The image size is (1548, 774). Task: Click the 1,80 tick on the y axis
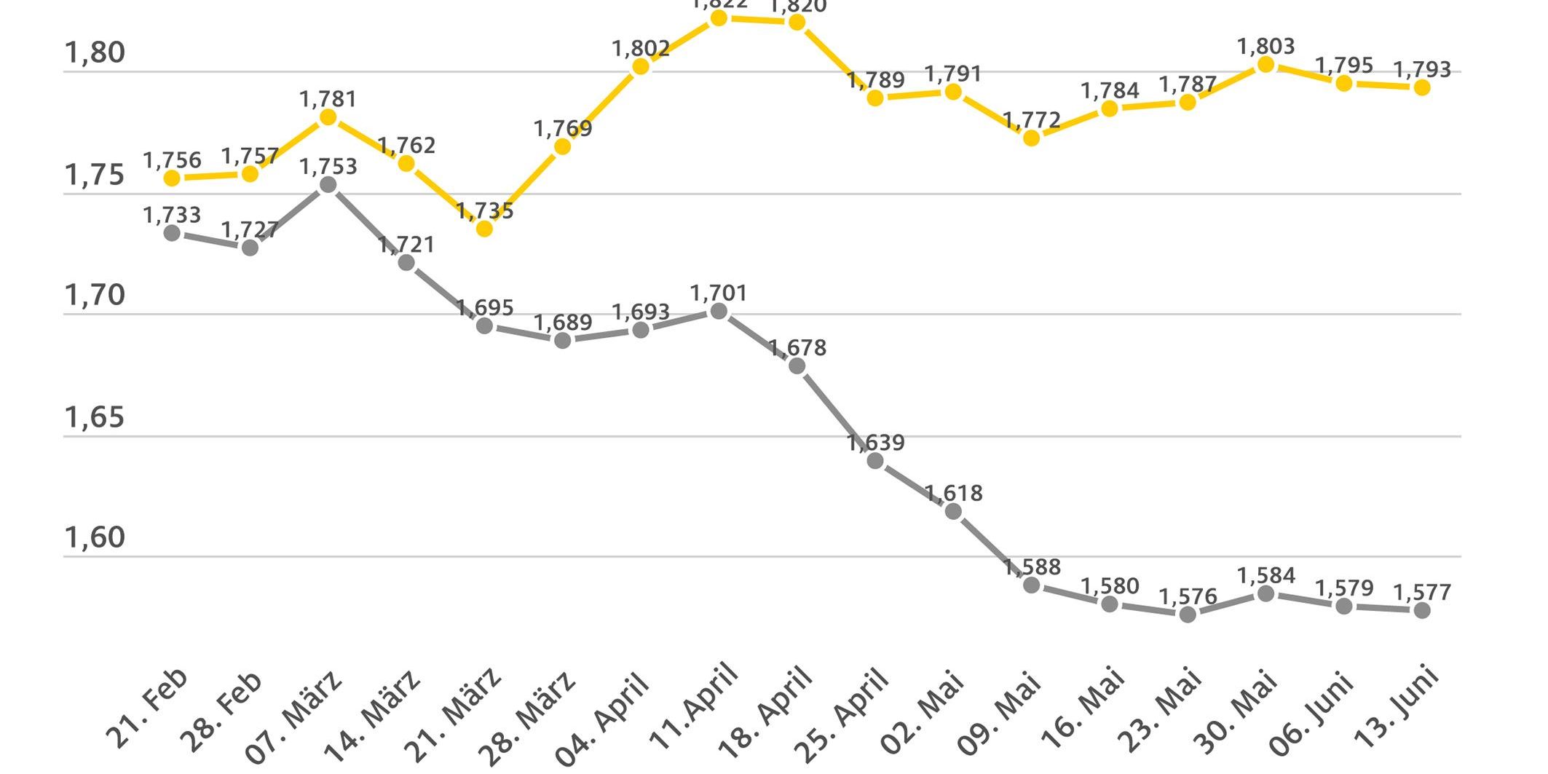95,53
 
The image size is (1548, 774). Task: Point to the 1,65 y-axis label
95,418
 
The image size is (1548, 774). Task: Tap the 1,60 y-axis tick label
95,538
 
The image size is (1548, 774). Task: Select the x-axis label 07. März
294,716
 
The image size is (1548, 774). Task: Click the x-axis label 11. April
694,708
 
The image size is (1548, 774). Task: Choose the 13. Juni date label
1397,708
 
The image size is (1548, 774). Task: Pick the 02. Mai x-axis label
923,712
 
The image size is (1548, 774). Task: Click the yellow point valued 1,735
484,229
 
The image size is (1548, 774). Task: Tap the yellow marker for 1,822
719,17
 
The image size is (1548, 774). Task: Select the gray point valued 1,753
328,185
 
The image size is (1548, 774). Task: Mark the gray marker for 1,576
1188,615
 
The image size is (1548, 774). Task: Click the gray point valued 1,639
875,461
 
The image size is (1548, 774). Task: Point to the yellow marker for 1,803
1266,65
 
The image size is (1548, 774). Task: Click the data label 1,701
719,293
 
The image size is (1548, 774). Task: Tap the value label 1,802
641,49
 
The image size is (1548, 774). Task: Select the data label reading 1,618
953,494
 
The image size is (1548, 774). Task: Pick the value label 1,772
1031,119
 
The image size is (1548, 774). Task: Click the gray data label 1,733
172,215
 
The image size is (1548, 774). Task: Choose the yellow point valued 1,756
172,178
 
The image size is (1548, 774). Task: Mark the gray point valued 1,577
1422,611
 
